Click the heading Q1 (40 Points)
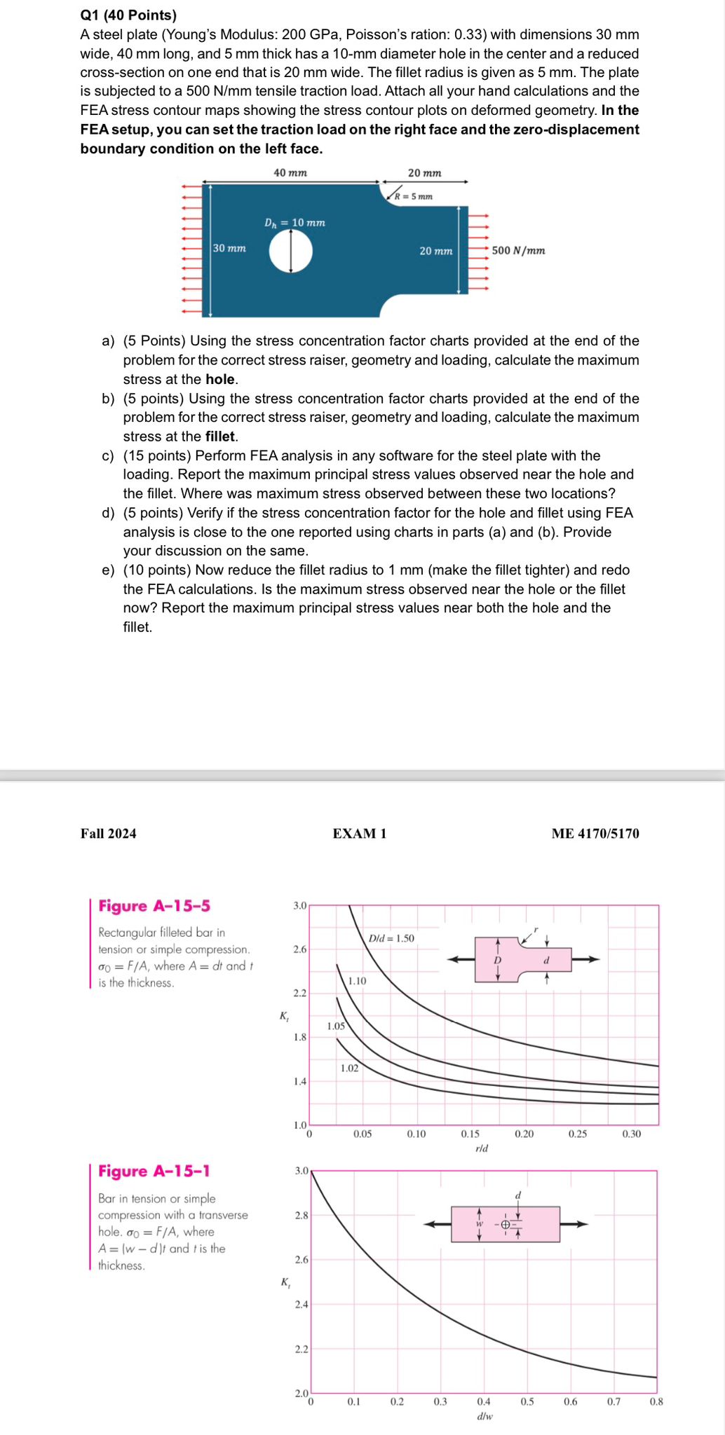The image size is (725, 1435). click(x=128, y=15)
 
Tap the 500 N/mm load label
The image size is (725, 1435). click(x=518, y=250)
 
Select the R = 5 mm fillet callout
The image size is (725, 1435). click(x=414, y=196)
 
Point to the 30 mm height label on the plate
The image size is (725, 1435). click(x=230, y=248)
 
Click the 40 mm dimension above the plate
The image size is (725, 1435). click(x=290, y=172)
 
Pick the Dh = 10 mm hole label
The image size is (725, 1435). click(x=294, y=223)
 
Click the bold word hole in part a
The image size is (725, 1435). click(x=220, y=379)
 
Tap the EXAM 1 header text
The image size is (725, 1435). click(x=360, y=833)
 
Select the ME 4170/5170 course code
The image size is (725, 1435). click(x=595, y=833)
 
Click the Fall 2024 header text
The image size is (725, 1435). click(x=109, y=833)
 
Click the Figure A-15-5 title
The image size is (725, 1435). click(x=154, y=905)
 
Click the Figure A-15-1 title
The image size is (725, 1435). click(x=154, y=1171)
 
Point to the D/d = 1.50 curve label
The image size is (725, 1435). click(x=391, y=938)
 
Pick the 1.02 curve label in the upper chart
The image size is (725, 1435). click(x=349, y=1068)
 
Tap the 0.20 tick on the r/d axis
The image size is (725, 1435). click(x=524, y=1134)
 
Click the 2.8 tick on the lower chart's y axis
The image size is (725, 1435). click(x=301, y=1215)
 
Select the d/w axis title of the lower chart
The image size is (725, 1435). click(x=484, y=1416)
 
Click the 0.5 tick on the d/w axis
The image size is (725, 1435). click(x=527, y=1402)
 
